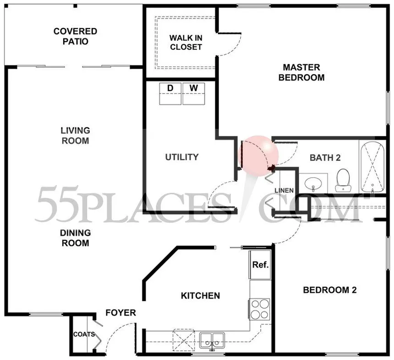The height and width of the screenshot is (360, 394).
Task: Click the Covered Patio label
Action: coord(76,37)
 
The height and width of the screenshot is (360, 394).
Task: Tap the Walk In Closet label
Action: coord(186,43)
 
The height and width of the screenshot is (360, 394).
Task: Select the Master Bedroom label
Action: coord(301,72)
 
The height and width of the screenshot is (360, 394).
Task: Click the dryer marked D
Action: coord(170,94)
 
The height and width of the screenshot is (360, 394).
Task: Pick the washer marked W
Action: coord(193,94)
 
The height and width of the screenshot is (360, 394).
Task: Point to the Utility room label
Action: coord(182,157)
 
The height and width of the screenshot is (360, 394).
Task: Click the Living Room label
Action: coord(76,136)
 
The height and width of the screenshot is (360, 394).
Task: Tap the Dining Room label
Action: coord(76,238)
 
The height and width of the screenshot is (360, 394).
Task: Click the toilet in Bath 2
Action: coord(343,180)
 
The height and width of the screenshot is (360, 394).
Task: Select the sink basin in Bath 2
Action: coord(313,183)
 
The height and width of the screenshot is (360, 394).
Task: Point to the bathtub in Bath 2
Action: coord(372,168)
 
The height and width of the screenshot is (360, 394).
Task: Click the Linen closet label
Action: coord(284,191)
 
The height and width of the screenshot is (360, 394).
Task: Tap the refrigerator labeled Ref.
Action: coord(260,265)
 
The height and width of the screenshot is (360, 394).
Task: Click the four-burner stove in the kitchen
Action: coord(260,309)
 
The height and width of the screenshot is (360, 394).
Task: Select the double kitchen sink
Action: coord(212,340)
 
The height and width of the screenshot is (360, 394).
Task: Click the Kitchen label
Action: coord(201,296)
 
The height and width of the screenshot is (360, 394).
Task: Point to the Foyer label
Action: coord(120,313)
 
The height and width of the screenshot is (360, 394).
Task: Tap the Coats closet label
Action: coord(84,334)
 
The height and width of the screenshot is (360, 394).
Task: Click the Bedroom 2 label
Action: coord(330,290)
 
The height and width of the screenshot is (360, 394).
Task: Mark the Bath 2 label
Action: coord(325,158)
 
